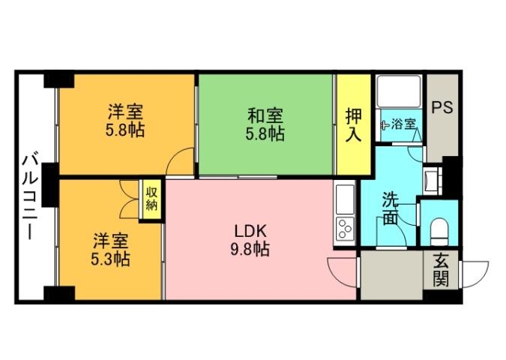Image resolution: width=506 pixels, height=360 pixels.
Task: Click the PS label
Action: [442, 107]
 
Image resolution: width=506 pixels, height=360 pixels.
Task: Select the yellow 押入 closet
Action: [353, 124]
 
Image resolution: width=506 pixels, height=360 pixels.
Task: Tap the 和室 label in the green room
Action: [265, 117]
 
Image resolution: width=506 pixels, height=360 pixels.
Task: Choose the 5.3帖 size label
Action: [110, 259]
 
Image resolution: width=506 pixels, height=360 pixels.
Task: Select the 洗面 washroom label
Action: [390, 208]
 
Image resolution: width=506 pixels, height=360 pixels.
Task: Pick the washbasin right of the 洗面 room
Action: [433, 181]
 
